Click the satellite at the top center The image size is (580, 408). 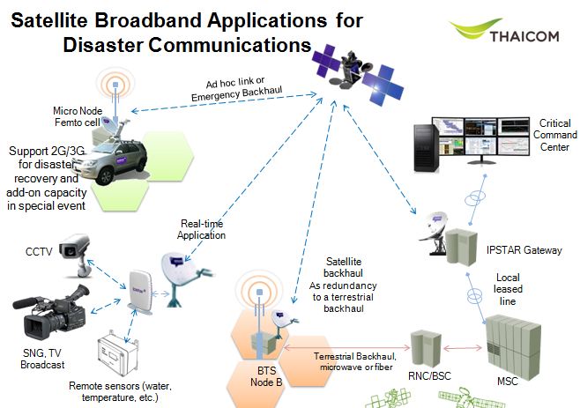(356, 71)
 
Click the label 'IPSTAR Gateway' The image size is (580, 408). (524, 250)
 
